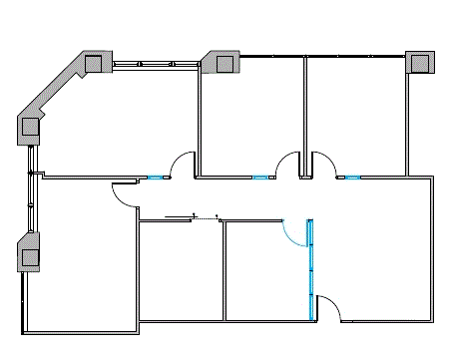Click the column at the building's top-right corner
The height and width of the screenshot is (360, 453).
pyautogui.click(x=420, y=62)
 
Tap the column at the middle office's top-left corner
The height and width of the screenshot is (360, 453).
pyautogui.click(x=224, y=63)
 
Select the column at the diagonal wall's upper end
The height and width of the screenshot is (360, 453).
pyautogui.click(x=95, y=63)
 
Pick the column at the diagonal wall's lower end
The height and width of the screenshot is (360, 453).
pyautogui.click(x=30, y=127)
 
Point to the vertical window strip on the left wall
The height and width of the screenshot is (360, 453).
pyautogui.click(x=32, y=189)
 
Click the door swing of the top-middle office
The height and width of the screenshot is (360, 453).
pyautogui.click(x=289, y=164)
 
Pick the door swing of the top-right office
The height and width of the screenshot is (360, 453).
pyautogui.click(x=323, y=164)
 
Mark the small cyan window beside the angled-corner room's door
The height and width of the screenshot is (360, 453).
pyautogui.click(x=156, y=178)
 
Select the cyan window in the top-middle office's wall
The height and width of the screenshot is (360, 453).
pyautogui.click(x=260, y=178)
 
